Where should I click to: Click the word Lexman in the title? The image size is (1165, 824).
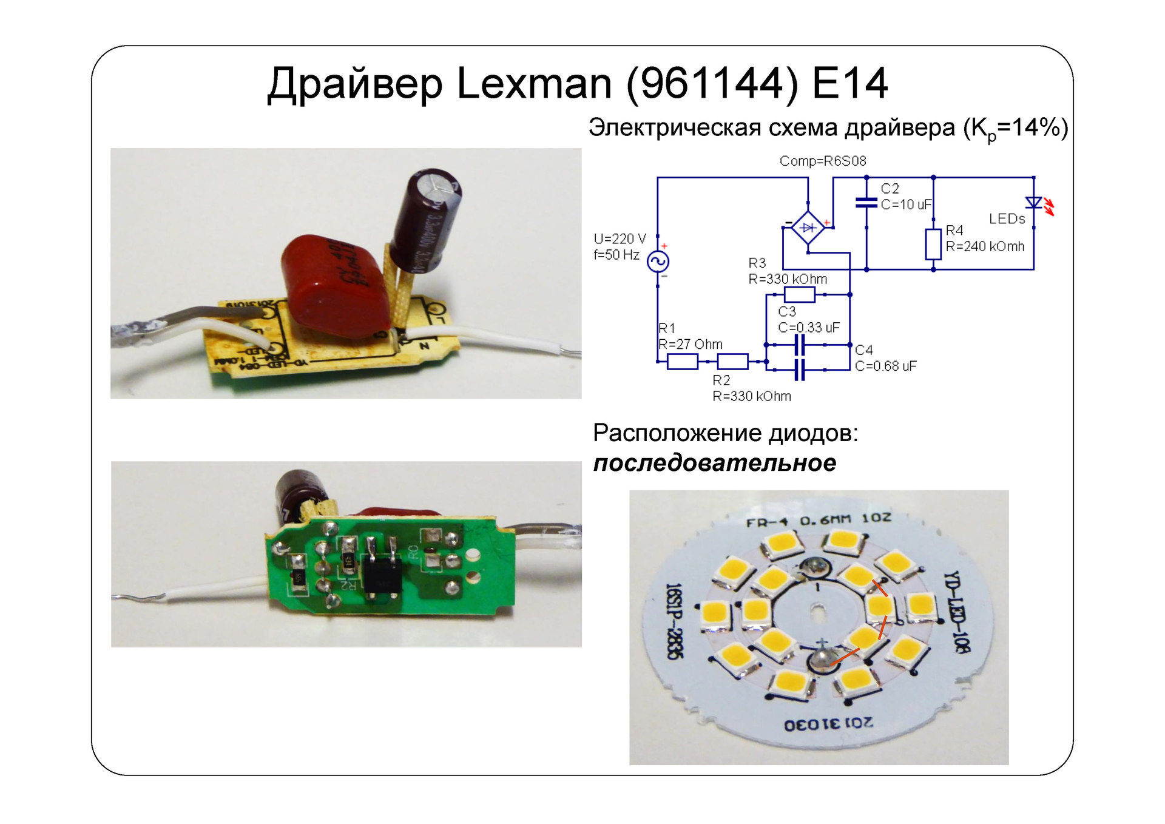point(534,83)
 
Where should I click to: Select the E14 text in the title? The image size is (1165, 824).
point(849,83)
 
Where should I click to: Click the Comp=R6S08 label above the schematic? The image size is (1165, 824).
point(822,161)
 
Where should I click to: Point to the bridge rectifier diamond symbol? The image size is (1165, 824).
point(808,228)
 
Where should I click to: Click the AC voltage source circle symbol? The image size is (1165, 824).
point(658,262)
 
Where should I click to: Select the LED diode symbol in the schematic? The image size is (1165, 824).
point(1033,203)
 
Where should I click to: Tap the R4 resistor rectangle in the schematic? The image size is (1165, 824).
point(933,244)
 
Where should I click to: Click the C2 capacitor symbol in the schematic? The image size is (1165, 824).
point(866,202)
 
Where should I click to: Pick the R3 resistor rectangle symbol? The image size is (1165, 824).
point(799,295)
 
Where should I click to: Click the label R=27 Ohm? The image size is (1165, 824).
point(691,344)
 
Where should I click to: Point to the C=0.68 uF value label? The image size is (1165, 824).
point(885,366)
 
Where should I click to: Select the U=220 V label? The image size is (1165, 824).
point(620,238)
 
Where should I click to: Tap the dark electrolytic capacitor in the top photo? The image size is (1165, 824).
point(425,218)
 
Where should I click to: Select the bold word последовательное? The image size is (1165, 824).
point(714,463)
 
